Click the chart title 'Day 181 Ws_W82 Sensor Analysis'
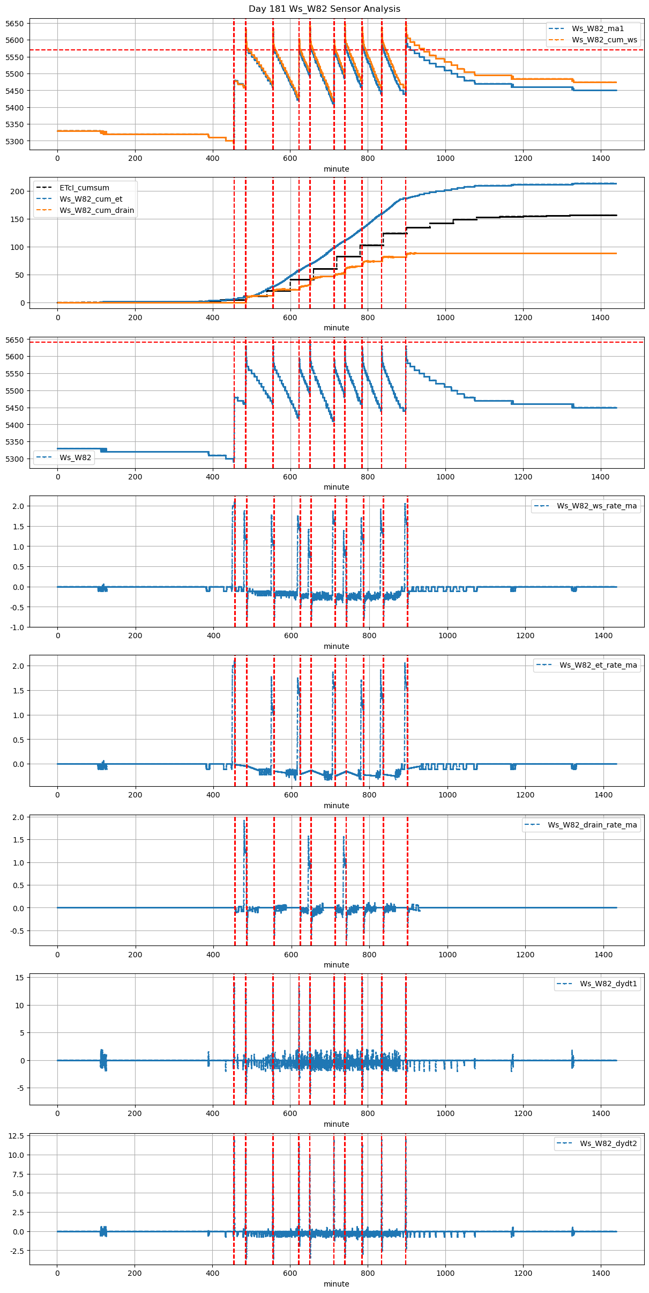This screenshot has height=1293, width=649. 324,9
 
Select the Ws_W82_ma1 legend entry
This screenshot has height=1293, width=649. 598,28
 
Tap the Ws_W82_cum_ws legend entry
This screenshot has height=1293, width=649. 604,40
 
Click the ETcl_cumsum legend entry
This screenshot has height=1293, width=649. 84,188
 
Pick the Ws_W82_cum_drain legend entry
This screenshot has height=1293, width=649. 96,210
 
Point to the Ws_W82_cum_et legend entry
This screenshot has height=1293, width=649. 91,199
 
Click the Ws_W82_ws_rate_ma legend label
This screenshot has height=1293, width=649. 596,506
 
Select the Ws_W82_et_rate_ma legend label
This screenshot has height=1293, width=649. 598,665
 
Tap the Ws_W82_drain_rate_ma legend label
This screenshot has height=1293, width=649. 592,825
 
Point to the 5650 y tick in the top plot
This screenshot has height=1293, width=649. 14,24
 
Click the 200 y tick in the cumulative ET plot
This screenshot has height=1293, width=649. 18,191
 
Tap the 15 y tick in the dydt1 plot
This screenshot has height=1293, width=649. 20,978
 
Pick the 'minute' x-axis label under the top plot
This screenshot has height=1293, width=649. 336,169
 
